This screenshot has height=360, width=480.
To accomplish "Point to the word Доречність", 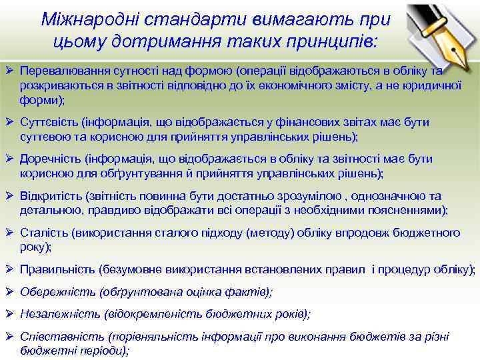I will click(50, 159).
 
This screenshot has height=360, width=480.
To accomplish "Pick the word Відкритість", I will click(51, 196).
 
